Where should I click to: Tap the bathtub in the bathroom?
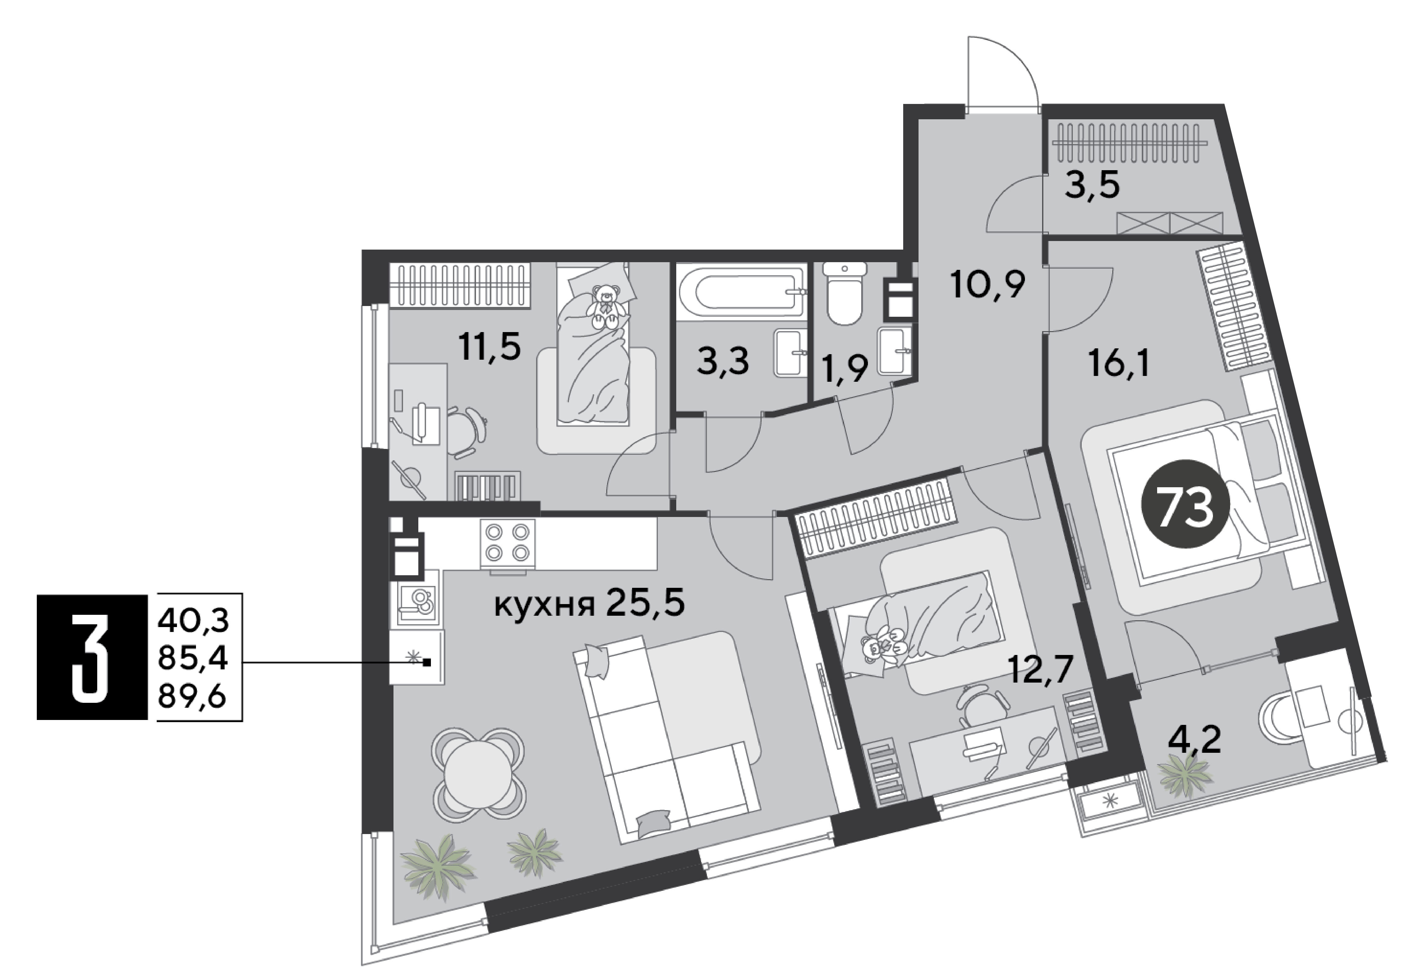coord(741,291)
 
